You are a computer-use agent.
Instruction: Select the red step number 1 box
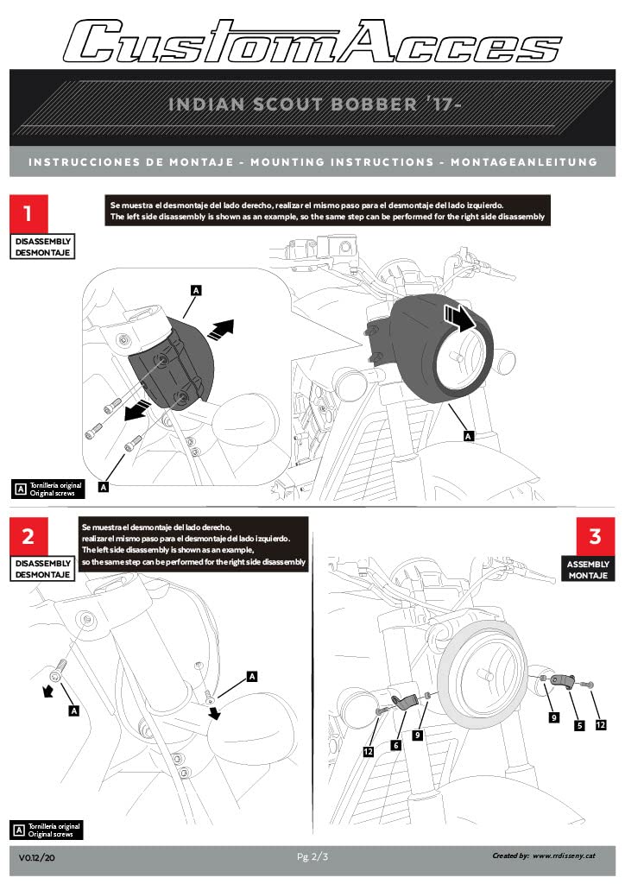[28, 212]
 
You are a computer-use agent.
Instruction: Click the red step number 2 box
[28, 535]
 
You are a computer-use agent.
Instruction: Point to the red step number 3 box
[595, 535]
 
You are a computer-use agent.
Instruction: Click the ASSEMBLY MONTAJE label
[589, 570]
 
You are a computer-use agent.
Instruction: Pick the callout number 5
[580, 726]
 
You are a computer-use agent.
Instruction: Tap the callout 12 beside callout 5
[601, 725]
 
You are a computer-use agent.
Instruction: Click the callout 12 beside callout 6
[369, 753]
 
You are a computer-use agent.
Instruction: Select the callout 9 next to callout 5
[552, 717]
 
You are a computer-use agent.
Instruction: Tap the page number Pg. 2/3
[312, 856]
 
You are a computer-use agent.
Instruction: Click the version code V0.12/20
[37, 858]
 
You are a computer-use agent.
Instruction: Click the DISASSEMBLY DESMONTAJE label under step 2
[43, 569]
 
